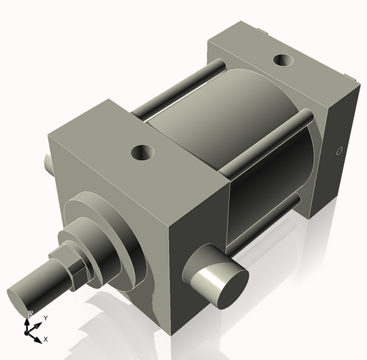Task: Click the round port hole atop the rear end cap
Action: coord(281,61)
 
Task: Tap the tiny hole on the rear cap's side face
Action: coord(338,152)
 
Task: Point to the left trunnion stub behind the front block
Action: coord(48,160)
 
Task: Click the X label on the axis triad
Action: coord(46,339)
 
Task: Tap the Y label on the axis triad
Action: coord(46,317)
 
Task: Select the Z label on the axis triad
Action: coord(29,314)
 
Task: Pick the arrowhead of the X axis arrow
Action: coord(40,337)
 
